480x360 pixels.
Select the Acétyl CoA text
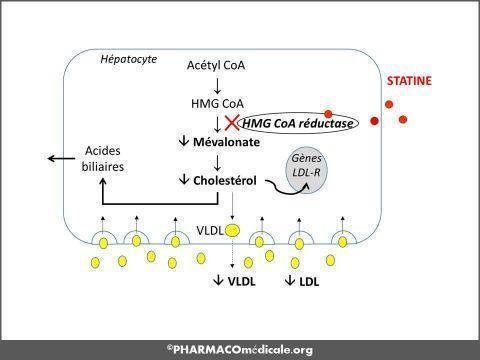pos(217,65)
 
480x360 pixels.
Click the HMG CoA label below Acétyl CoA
pos(217,103)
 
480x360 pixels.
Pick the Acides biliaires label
pos(102,160)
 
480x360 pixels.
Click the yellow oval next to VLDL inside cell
pos(231,232)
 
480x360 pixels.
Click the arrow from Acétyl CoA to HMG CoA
pos(217,84)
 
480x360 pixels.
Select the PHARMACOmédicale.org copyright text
pos(240,349)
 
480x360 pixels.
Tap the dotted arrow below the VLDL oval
pos(231,255)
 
